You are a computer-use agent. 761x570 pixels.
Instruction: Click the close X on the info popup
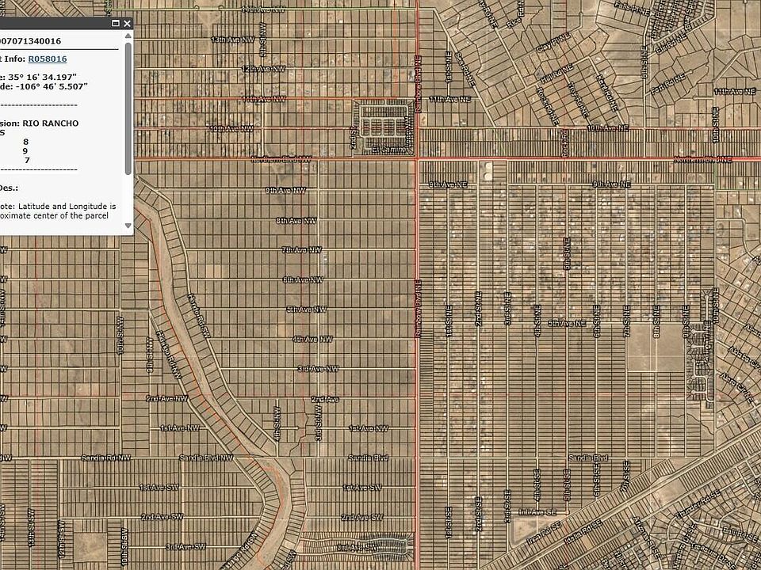coord(127,24)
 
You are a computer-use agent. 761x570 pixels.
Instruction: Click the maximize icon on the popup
coord(116,24)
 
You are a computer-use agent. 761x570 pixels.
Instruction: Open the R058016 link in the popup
coord(48,59)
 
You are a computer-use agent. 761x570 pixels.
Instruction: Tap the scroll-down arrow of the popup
coord(128,226)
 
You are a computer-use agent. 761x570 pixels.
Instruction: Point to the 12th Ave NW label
coord(262,70)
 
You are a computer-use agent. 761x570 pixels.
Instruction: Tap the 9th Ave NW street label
coord(285,190)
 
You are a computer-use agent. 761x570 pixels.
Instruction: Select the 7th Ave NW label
coord(302,250)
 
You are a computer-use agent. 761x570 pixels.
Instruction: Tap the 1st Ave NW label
coord(179,428)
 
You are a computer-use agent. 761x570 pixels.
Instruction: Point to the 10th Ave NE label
coord(607,127)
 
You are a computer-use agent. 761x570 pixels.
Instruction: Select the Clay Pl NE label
coord(555,42)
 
